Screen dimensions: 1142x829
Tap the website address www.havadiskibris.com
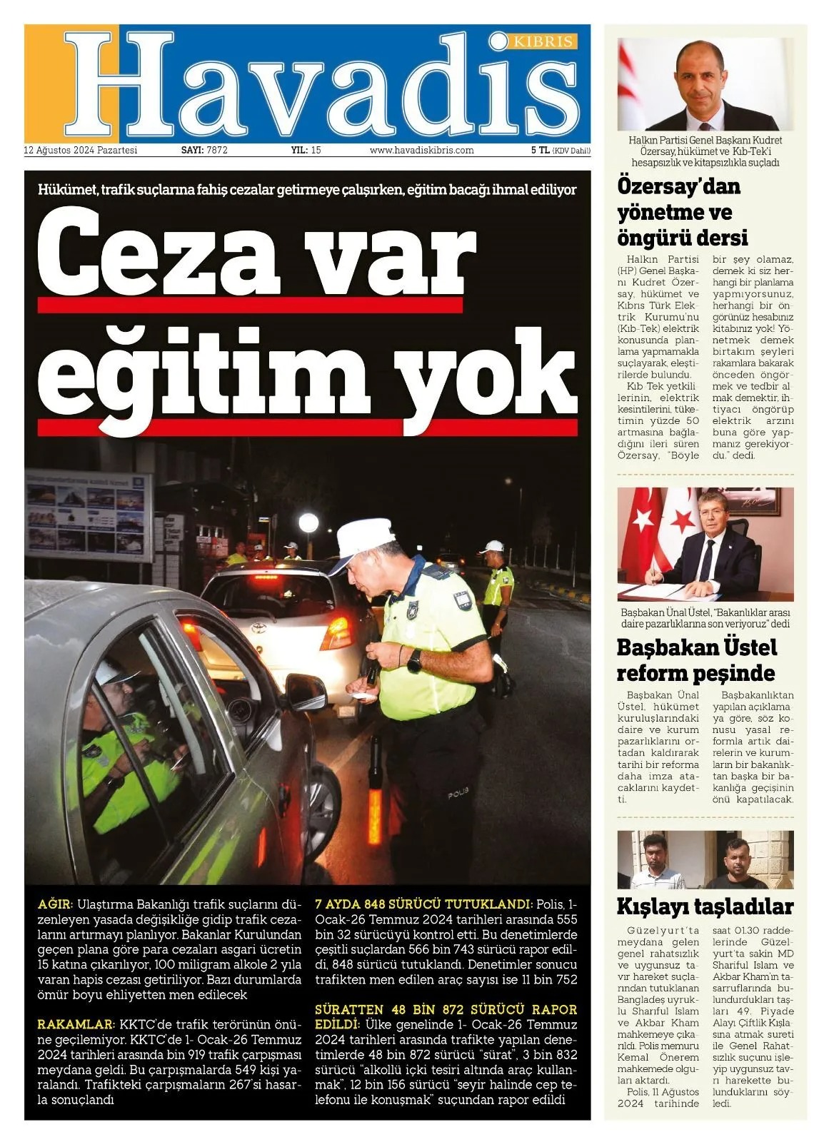(x=422, y=151)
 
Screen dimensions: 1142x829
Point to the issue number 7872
(x=216, y=151)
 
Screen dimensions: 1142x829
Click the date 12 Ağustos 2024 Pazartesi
(x=80, y=151)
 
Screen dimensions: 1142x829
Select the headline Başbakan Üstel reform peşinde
(x=696, y=660)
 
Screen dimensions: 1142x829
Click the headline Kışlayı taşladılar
(x=705, y=906)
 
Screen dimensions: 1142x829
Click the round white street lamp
(x=308, y=523)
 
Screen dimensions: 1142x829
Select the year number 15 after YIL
(x=316, y=151)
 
